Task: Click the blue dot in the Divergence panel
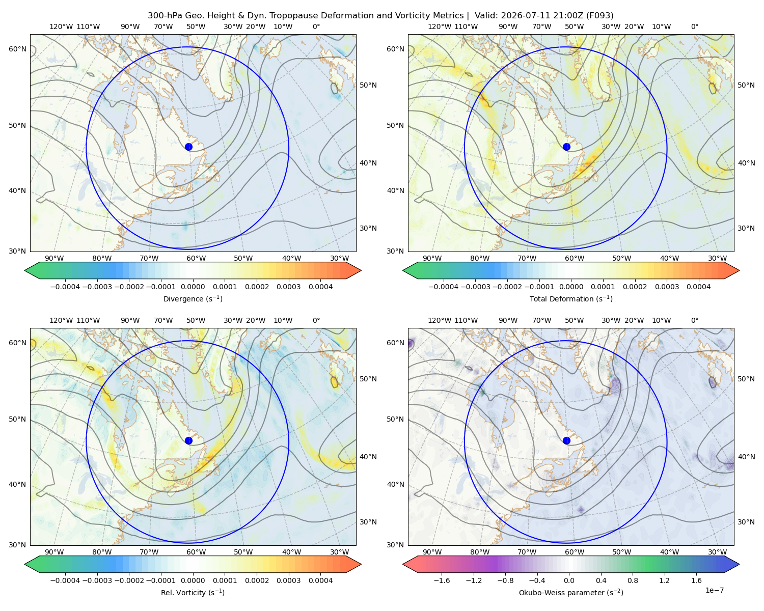188,147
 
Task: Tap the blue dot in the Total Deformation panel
566,147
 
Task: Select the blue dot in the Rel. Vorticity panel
188,440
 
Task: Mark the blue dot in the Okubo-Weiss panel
566,440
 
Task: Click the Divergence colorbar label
193,298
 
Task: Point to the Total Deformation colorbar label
571,298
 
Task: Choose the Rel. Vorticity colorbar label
193,592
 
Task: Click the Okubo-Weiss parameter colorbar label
571,592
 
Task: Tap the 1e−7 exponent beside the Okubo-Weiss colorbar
714,590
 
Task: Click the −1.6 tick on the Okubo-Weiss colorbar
442,580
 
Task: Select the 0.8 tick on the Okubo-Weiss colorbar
633,580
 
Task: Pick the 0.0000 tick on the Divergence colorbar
193,287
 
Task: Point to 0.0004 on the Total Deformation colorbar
698,287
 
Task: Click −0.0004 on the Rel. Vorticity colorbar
65,580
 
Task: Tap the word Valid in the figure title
484,16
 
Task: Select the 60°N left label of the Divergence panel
17,49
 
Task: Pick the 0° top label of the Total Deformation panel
694,26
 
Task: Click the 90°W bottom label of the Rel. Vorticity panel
54,552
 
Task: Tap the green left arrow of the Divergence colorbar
32,270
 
